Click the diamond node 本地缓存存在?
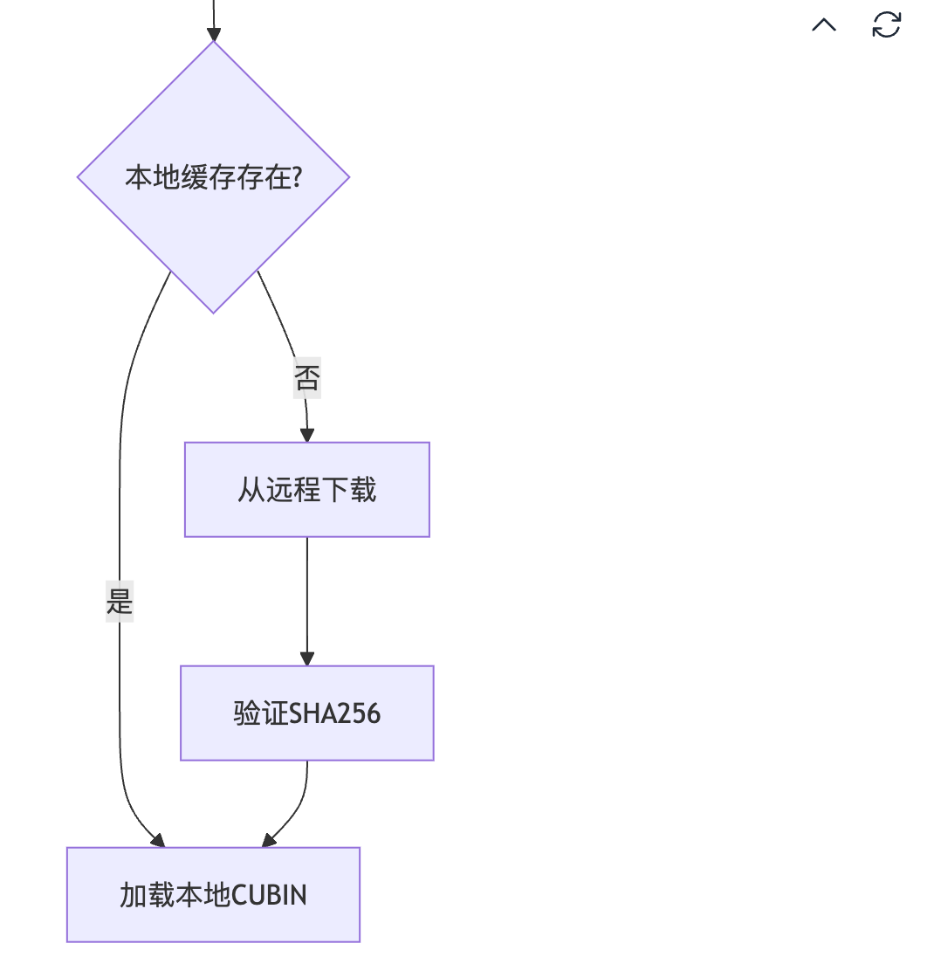pos(214,177)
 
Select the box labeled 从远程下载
pos(307,490)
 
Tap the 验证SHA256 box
pos(307,713)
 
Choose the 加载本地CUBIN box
pos(214,895)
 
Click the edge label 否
pos(307,378)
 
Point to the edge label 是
pos(120,602)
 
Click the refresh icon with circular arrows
pos(886,24)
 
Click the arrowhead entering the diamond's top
pos(214,34)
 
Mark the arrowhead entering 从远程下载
pos(307,435)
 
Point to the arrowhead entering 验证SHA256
pos(307,658)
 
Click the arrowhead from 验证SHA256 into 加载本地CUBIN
pos(269,840)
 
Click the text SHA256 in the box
pos(335,714)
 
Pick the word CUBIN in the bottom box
pos(269,895)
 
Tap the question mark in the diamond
pos(297,177)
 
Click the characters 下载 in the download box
pos(349,490)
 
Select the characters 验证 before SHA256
pos(261,713)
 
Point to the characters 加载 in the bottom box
pos(148,895)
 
